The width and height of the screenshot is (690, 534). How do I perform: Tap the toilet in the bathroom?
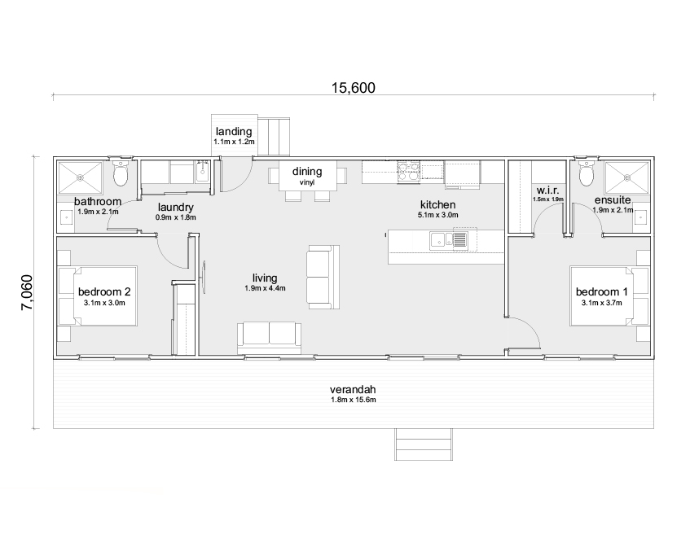coord(121,173)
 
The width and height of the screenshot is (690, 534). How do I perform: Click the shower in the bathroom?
coord(81,175)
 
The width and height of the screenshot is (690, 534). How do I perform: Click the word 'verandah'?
coord(353,389)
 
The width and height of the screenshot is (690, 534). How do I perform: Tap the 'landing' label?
coord(234,131)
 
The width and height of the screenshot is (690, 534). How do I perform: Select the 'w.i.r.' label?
coord(547,189)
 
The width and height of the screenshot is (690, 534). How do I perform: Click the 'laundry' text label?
coord(176,207)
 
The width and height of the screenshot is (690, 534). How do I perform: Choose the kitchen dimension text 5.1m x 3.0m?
coord(437,216)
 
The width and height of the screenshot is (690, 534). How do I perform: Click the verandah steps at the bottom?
coord(424,444)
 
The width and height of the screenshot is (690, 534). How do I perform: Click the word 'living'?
coord(265,278)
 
